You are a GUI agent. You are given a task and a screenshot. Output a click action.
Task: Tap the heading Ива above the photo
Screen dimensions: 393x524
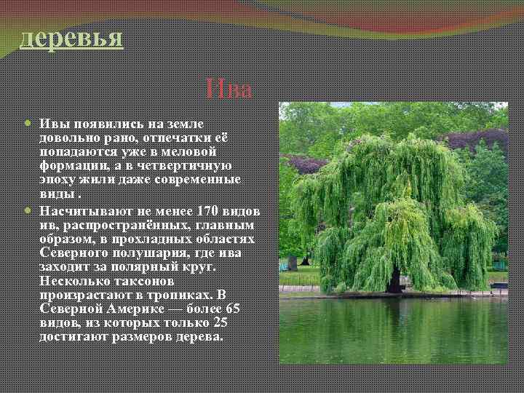coord(229,90)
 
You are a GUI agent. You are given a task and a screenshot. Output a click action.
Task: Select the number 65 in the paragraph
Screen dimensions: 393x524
coord(233,309)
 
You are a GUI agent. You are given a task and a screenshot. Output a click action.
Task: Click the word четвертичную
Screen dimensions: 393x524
coord(180,166)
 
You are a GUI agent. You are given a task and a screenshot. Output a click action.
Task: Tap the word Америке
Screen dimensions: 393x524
coord(139,309)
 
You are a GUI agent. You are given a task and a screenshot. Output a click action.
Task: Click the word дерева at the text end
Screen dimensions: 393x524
coord(201,337)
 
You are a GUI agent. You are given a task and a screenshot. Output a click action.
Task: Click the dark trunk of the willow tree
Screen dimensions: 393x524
coord(395,280)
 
